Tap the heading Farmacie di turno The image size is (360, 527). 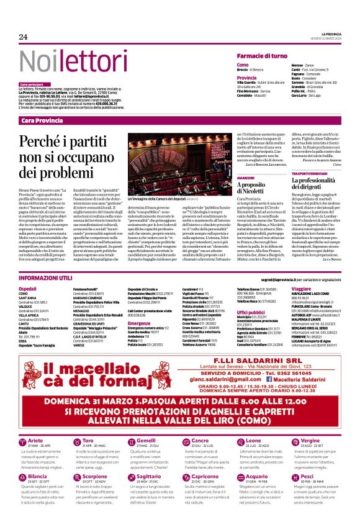(x=262, y=56)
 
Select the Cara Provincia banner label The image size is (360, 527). (x=42, y=120)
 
